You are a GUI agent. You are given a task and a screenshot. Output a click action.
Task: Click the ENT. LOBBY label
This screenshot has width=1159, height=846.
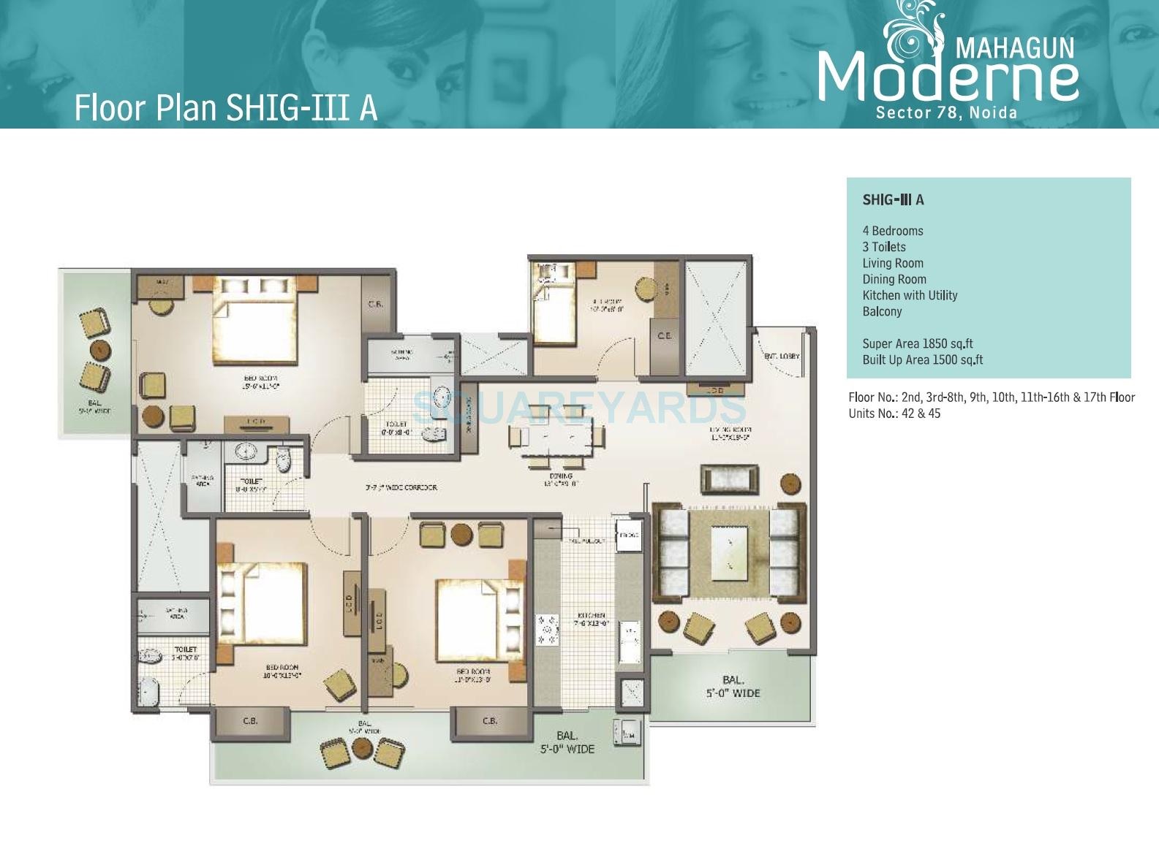[x=781, y=357]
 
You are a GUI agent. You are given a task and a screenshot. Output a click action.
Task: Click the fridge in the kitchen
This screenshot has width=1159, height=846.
[x=628, y=534]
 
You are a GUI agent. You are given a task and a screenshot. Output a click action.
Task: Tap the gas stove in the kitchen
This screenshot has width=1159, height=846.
[x=547, y=630]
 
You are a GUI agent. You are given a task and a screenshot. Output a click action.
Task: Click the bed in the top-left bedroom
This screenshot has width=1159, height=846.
[x=254, y=322]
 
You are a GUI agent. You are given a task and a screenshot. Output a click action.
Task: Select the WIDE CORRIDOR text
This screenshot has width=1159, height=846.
[x=401, y=487]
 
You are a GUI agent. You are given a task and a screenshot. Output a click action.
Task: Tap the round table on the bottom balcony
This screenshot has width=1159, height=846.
[x=362, y=747]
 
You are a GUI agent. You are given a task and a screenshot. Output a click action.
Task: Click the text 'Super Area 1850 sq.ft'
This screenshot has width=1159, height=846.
[x=917, y=343]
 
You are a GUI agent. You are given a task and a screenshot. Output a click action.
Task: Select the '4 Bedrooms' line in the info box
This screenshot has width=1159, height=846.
[x=892, y=231]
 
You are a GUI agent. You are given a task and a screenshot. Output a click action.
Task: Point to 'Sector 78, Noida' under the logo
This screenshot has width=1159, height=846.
[x=946, y=113]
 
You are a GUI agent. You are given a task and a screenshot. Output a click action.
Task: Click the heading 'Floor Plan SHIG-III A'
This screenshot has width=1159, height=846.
[x=226, y=107]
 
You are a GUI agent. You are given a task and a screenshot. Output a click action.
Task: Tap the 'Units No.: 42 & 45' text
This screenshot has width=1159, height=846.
[x=894, y=414]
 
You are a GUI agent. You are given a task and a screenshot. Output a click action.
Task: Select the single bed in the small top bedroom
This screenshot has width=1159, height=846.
[x=553, y=315]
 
